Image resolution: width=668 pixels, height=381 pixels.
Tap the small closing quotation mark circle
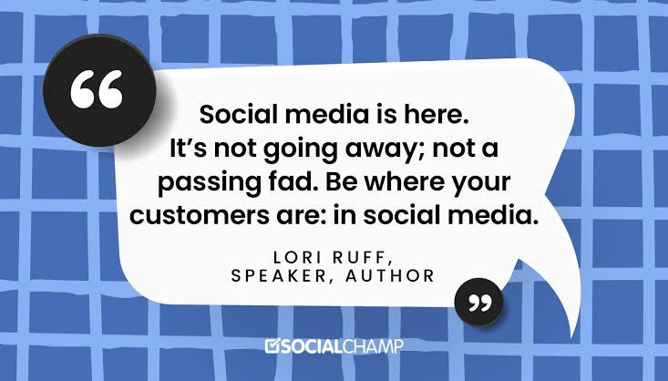pyautogui.click(x=477, y=301)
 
